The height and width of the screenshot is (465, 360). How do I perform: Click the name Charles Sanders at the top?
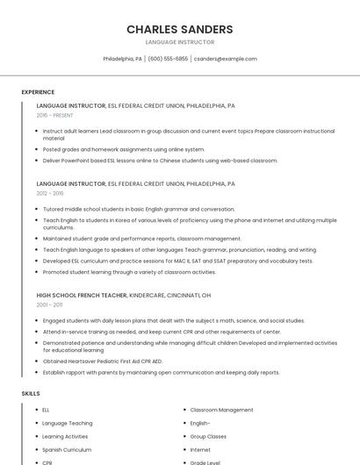(180, 29)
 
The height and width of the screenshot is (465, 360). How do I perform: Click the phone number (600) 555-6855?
(168, 59)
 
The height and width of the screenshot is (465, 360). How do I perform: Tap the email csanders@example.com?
(226, 59)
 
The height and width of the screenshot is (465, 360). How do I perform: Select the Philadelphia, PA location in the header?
(122, 59)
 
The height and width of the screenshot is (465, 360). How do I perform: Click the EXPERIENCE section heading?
(38, 92)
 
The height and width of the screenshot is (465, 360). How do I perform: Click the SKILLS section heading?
(31, 394)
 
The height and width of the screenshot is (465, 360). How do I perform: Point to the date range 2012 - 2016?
(50, 193)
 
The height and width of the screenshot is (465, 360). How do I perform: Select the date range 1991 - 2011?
(50, 304)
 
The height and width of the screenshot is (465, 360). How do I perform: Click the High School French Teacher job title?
(82, 296)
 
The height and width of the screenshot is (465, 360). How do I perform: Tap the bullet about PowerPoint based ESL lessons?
(160, 161)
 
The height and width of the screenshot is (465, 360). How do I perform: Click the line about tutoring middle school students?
(139, 210)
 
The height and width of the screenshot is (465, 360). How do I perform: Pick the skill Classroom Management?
(221, 410)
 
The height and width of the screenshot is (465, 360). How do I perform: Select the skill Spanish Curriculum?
(67, 449)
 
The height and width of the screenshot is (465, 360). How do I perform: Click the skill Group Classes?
(208, 436)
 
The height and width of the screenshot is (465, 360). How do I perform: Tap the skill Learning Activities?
(65, 436)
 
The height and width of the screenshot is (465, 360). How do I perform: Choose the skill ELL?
(46, 410)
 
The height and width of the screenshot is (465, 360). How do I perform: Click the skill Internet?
(200, 449)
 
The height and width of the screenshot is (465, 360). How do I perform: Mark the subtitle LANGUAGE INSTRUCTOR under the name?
(180, 42)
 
